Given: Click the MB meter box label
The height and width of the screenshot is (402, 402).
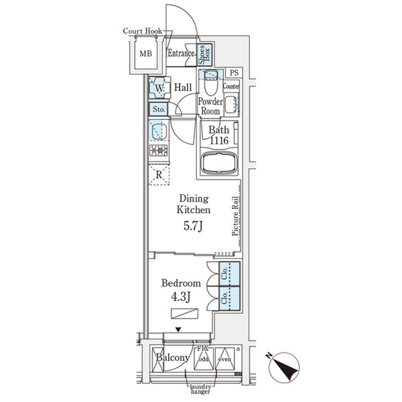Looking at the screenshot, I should (x=145, y=53).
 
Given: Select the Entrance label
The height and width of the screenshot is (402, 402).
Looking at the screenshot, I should (x=181, y=54).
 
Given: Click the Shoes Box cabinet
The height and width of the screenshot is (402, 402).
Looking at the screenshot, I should (x=207, y=53).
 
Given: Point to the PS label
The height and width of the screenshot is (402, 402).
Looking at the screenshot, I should (x=234, y=72).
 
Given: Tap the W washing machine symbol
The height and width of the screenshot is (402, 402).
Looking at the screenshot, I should (x=159, y=88).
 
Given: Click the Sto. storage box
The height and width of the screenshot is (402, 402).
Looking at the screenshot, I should (x=159, y=109).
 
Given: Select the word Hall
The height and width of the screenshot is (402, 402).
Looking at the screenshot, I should (x=184, y=87).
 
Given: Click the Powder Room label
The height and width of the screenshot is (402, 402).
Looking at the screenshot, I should (x=209, y=106).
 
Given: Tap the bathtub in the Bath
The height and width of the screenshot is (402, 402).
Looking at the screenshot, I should (x=219, y=163).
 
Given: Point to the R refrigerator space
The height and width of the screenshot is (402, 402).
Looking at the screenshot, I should (x=159, y=175).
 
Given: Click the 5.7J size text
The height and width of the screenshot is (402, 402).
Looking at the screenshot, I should (x=194, y=226).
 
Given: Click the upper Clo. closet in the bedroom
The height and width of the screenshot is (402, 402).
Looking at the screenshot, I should (x=228, y=274).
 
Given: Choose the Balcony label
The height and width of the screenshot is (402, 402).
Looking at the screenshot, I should (x=172, y=358).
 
